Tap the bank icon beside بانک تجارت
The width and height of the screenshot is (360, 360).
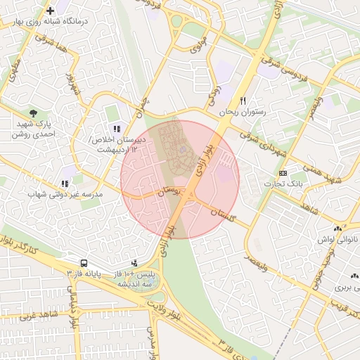pos(283,173)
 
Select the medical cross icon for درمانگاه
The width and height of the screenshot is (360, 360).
pos(50,11)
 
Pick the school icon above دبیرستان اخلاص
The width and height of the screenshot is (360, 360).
pos(116,129)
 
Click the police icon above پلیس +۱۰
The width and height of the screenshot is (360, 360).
pos(134,263)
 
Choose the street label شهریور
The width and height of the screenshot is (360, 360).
pos(72,85)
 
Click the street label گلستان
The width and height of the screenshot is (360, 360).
pos(221,210)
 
